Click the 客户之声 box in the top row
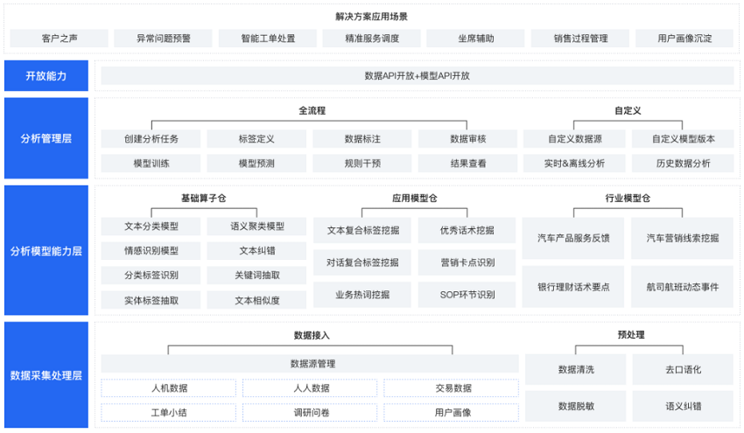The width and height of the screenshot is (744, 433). pos(60,38)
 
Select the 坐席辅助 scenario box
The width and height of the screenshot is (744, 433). pos(475,38)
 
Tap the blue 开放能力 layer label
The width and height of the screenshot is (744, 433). pos(46,76)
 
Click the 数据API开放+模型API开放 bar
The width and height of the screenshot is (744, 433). pos(417,76)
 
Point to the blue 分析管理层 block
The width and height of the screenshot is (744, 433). pos(46,138)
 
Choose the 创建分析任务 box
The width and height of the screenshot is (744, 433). pos(151,139)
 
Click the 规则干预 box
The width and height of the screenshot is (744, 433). pos(362,164)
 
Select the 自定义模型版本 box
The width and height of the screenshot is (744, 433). pos(683,139)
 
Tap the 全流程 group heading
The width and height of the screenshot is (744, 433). pos(312,110)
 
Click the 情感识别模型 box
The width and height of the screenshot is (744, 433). pos(151,251)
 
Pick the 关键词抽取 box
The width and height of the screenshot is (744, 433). pos(256,275)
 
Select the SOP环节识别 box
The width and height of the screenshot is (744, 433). pos(467,295)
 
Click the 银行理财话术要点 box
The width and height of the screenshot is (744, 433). pos(573,287)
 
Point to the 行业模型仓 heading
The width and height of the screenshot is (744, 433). pos(628,199)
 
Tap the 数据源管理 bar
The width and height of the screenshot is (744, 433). pos(310,364)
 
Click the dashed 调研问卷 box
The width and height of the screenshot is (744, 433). pos(311,413)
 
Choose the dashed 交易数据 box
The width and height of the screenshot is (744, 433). pos(452,388)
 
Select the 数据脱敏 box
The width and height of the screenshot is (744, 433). pos(576,406)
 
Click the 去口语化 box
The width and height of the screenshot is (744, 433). pos(683,369)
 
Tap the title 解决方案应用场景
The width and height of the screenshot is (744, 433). pos(371,17)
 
